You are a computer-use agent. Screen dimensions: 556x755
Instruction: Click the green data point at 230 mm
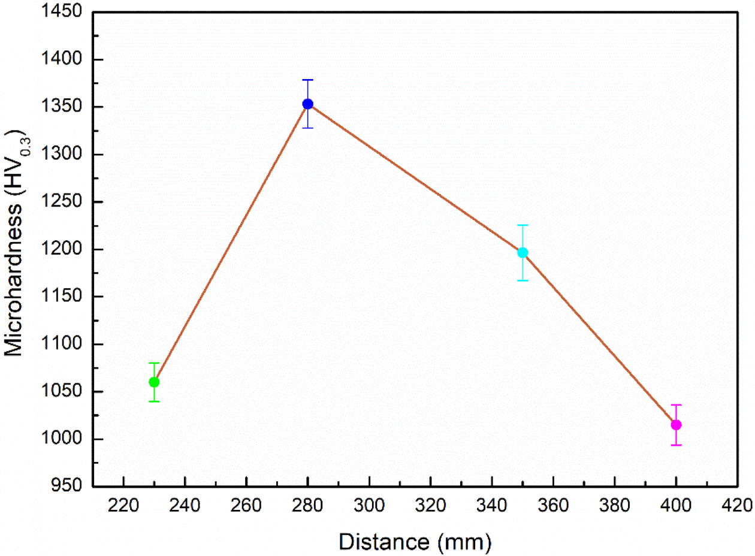pos(154,382)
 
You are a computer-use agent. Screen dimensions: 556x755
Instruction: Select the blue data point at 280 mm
pos(307,104)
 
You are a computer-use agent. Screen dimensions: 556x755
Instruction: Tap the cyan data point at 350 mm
pos(523,252)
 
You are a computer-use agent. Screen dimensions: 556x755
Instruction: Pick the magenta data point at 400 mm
pos(676,425)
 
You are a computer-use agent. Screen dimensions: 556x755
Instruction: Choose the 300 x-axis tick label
pos(369,504)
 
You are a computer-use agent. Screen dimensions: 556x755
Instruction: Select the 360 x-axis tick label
pos(553,504)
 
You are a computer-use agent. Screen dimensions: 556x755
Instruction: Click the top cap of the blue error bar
pos(307,80)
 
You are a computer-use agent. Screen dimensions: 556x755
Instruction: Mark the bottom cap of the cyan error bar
pos(523,280)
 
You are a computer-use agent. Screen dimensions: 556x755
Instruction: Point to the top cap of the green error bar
pos(154,363)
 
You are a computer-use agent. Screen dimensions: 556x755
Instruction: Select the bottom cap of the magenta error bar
pos(676,445)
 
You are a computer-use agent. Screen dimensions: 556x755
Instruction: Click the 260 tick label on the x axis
pos(246,504)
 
